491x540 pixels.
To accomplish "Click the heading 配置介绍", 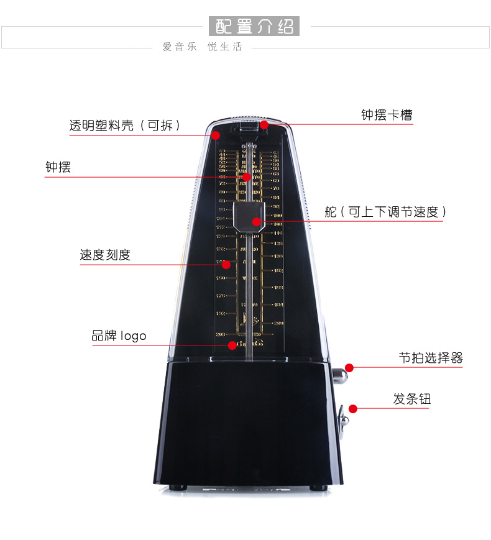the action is tap(254, 27).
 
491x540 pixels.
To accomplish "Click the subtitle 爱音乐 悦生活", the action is tap(202, 47).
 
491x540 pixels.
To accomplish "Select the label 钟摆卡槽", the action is tap(387, 115).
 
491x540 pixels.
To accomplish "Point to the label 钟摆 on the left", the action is tap(58, 167).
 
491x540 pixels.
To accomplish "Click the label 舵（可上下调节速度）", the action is tap(385, 212).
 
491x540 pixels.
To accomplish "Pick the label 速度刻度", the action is tap(105, 255).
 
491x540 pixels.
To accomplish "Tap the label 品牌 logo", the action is tap(119, 336).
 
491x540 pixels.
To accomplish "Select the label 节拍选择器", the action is tap(431, 358).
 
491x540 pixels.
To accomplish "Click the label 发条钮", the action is tap(411, 399).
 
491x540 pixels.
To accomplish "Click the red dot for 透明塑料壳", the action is tap(216, 135).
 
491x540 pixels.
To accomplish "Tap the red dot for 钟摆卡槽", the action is tap(264, 125).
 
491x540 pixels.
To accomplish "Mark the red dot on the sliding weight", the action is tap(256, 222).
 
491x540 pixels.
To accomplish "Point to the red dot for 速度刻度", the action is tap(226, 265).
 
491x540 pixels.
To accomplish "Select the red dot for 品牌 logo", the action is tap(232, 345).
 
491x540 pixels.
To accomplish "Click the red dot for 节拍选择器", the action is tap(350, 367).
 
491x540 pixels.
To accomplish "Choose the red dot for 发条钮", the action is tap(353, 409).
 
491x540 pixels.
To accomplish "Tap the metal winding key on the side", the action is tap(343, 420).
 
